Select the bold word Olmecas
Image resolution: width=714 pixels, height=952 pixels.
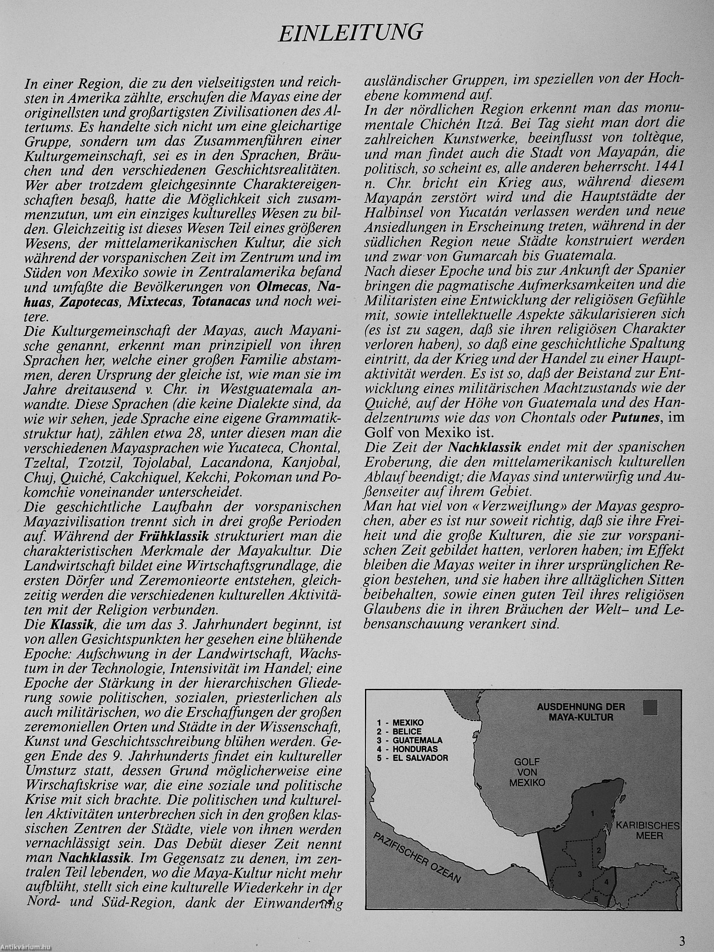[x=283, y=286]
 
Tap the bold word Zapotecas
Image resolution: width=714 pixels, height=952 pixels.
[x=89, y=301]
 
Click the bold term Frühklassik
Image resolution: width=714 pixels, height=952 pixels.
[x=173, y=536]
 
